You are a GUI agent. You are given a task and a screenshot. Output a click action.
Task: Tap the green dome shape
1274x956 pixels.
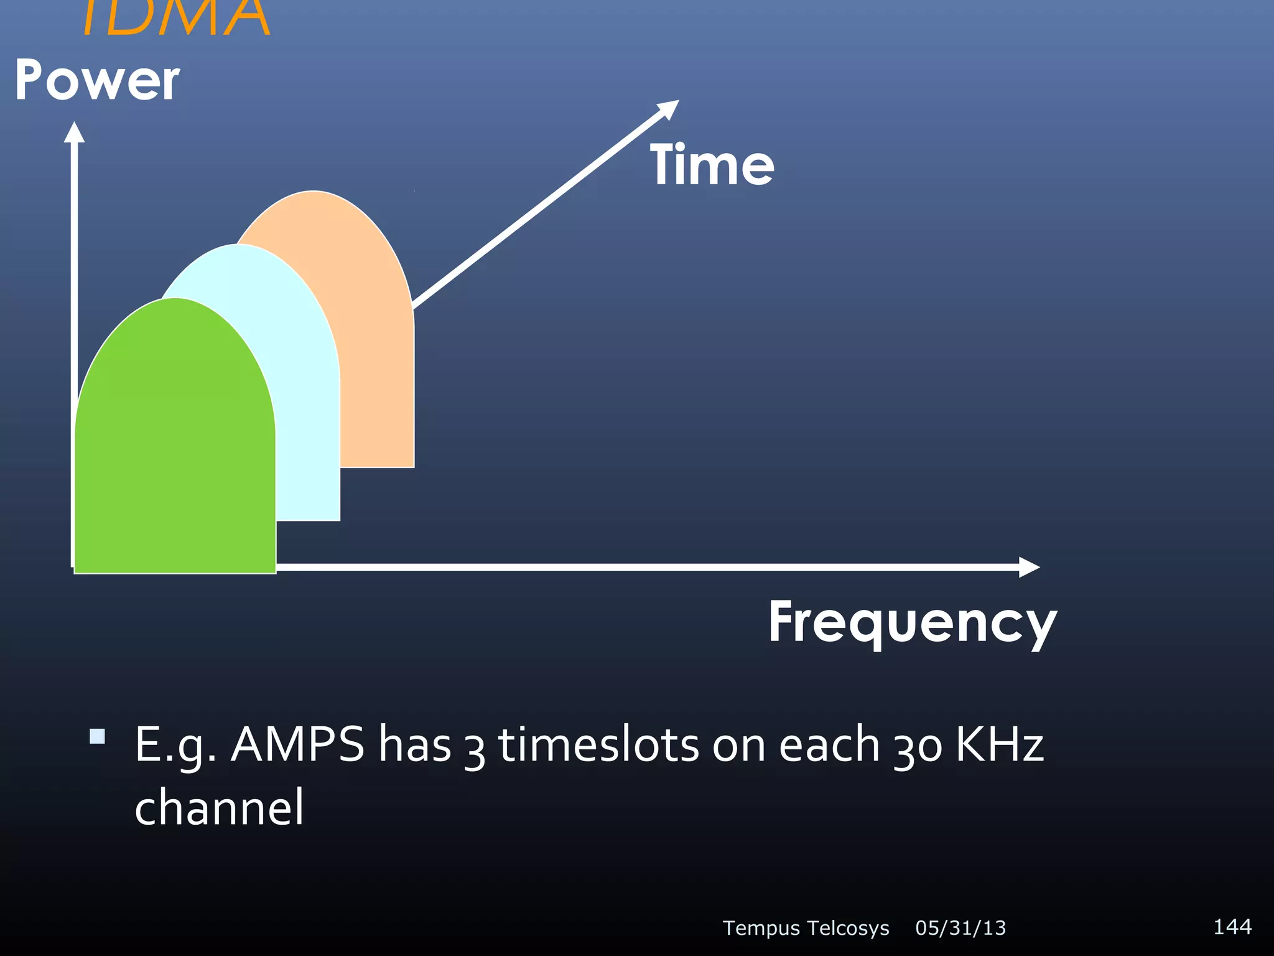click(x=174, y=448)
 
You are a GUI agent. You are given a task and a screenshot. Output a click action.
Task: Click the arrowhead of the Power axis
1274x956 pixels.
click(x=74, y=132)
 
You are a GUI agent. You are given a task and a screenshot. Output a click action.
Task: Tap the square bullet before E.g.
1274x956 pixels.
click(x=97, y=736)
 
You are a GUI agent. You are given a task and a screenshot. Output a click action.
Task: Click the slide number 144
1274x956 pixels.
click(x=1232, y=926)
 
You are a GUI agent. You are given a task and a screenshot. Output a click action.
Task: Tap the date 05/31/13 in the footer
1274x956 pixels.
click(x=960, y=928)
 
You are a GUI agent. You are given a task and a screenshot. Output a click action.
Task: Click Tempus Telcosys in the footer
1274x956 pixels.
click(x=806, y=928)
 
